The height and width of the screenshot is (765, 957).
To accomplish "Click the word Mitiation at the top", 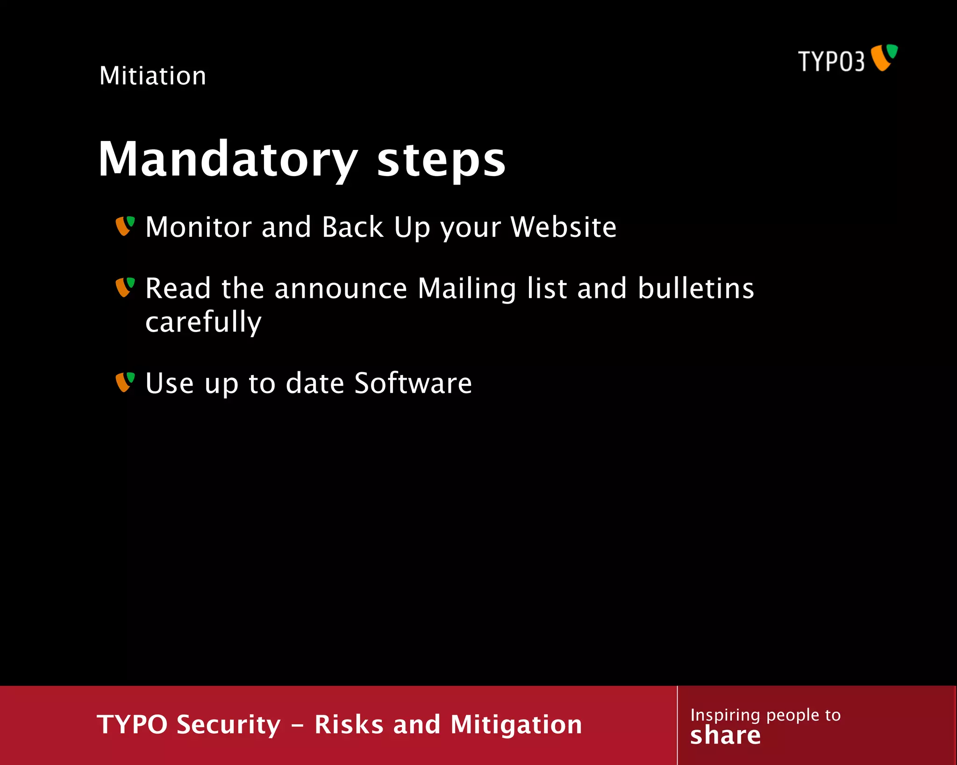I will pos(153,76).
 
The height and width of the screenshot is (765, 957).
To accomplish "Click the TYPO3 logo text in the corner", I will pos(831,61).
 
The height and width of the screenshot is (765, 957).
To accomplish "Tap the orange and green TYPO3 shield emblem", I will pos(884,57).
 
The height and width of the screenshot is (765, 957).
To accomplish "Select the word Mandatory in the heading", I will pos(228,160).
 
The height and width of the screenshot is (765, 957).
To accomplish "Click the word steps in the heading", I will pos(441,160).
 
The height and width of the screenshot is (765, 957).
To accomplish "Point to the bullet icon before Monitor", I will pos(125,226).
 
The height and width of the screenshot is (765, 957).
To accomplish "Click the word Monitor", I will pos(199,227).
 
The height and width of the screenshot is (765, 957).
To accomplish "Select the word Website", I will pos(564,227).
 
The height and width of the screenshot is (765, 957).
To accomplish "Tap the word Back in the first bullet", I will pos(352,227).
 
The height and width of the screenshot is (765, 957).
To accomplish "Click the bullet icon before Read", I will pos(125,287).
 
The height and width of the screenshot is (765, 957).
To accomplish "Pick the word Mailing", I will pos(467,289).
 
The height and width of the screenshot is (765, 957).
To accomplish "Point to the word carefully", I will pos(203,322).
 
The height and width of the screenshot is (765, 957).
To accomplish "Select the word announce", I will pos(341,289).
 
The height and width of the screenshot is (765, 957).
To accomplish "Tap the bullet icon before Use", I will pos(125,382).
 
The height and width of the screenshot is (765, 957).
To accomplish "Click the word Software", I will pos(413,383).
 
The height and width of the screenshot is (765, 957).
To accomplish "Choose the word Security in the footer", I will pos(229,724).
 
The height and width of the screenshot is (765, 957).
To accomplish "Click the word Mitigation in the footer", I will pos(516,724).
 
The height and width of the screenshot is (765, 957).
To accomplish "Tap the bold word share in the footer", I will pos(725,736).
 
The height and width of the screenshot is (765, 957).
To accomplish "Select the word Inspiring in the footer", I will pos(725,715).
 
